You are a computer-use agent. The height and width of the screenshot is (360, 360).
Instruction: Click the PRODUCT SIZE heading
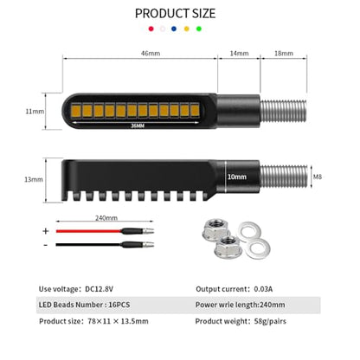pos(175,14)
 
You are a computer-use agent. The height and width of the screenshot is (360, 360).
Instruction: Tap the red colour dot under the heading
pos(151,29)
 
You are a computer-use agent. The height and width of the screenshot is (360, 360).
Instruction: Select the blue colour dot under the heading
pos(174,29)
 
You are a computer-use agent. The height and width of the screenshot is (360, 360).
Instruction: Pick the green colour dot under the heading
pos(199,29)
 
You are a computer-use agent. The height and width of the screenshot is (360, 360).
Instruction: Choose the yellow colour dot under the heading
pos(187,29)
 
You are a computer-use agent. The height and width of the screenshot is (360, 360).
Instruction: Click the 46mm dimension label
pos(151,54)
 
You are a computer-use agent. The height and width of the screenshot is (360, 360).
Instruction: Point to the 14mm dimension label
pos(239,54)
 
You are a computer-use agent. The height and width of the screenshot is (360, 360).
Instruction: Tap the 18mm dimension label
pos(284,54)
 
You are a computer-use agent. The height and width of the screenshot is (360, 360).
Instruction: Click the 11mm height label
pos(35,112)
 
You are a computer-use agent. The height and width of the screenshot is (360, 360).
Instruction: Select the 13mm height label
pos(34,179)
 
